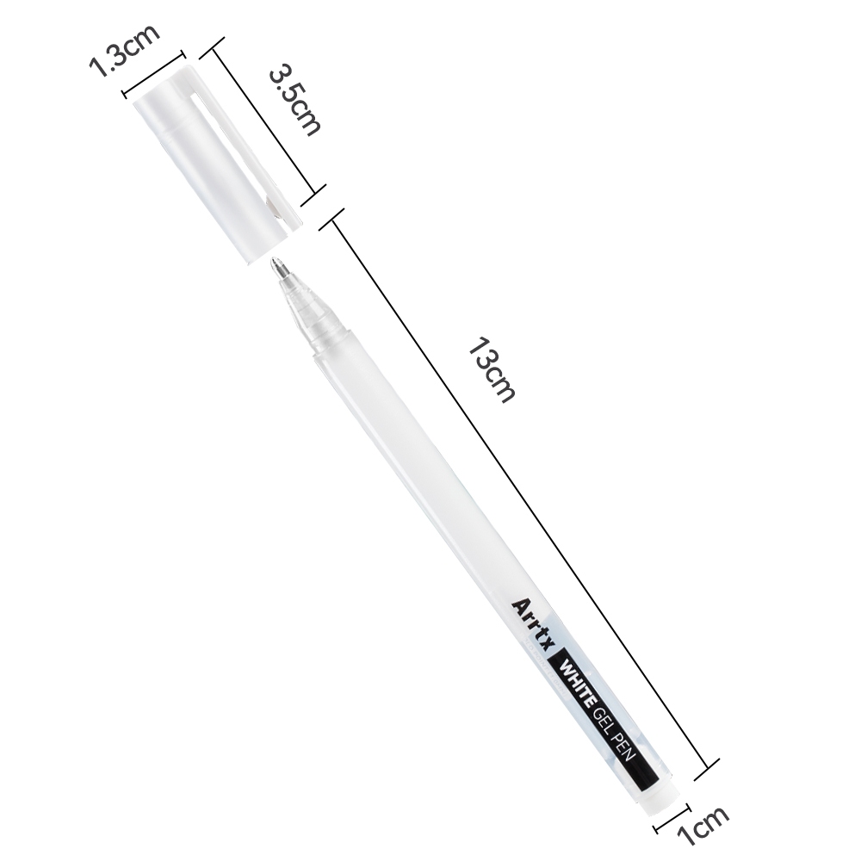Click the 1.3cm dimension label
pyautogui.click(x=125, y=51)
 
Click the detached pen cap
pyautogui.click(x=220, y=164)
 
